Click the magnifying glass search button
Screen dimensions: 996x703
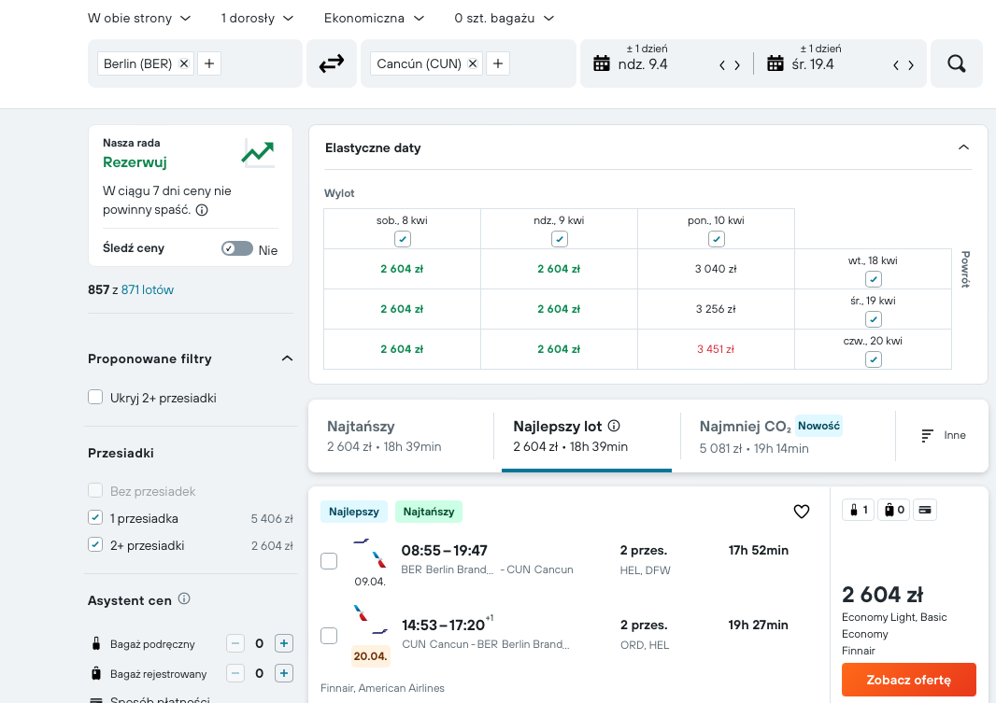tap(956, 63)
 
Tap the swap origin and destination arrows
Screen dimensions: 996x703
tap(331, 63)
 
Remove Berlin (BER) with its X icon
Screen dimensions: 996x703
tap(183, 63)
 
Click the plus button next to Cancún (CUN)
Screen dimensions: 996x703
tap(498, 63)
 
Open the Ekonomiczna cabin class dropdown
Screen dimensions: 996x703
tap(374, 19)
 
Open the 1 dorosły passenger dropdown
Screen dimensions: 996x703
tap(257, 19)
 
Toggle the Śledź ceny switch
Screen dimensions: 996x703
tap(237, 248)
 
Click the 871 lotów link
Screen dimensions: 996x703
tap(148, 290)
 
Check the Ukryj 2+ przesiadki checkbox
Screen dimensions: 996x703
tap(95, 397)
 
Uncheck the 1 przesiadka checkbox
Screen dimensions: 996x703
tap(95, 518)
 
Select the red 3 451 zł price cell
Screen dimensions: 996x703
tap(716, 349)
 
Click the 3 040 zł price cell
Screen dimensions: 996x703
tap(716, 269)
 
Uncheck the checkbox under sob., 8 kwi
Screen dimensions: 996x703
tap(402, 239)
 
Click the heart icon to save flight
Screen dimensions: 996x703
tap(802, 512)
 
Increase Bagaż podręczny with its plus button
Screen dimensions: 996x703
tap(284, 643)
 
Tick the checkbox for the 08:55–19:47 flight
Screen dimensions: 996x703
tap(329, 561)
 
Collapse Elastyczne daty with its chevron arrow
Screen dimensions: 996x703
tap(963, 148)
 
